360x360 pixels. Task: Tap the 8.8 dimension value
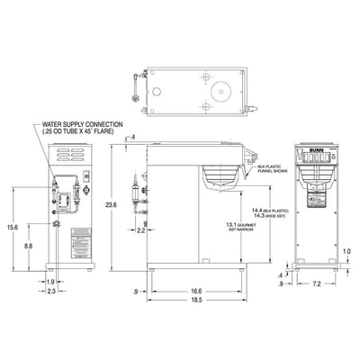click(30, 246)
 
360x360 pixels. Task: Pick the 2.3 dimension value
click(52, 292)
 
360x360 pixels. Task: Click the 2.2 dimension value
click(141, 231)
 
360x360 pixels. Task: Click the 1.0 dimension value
click(347, 251)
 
